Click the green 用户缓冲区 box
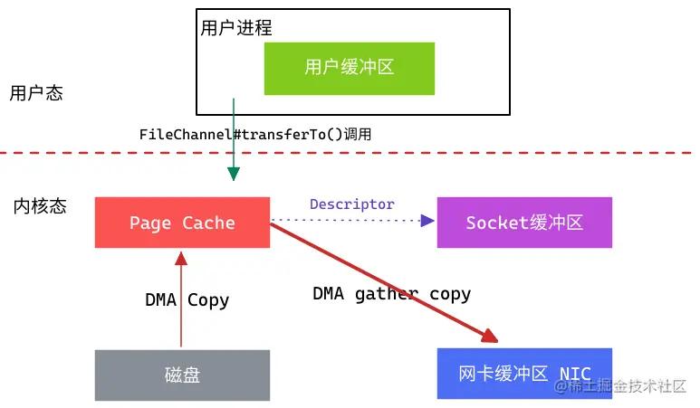[349, 68]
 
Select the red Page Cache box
[182, 223]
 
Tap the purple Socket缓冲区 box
[524, 223]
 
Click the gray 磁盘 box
[182, 375]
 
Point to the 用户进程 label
[236, 28]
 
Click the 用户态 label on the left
[36, 93]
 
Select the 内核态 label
[40, 205]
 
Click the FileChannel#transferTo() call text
[254, 134]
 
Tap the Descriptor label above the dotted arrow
[352, 204]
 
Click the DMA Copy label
[187, 300]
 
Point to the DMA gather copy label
[391, 294]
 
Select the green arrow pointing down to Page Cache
[234, 145]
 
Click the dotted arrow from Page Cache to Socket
[353, 220]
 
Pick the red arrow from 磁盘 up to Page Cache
[181, 299]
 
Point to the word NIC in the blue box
[575, 374]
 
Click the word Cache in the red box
[208, 223]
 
